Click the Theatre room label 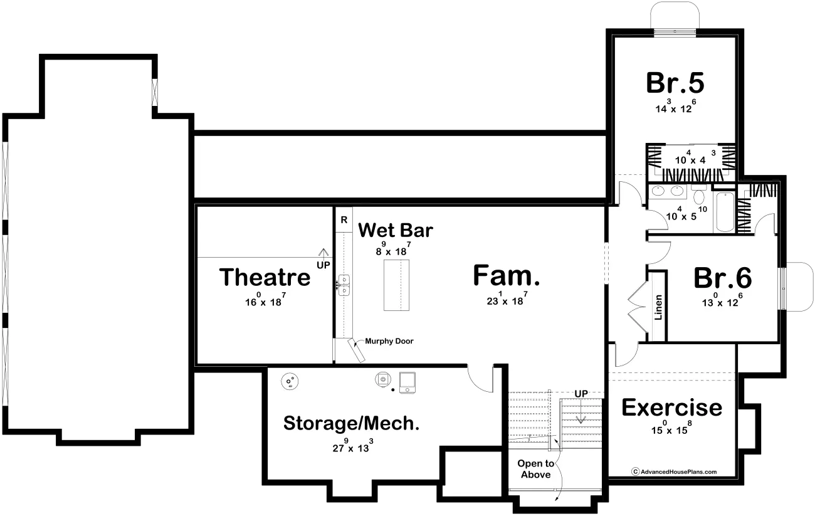coord(265,277)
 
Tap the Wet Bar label coord(396,230)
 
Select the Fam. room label coord(507,275)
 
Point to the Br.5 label coord(675,83)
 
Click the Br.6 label coord(723,278)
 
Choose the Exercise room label coord(671,407)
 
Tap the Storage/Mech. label coord(351,423)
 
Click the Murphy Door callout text coord(389,341)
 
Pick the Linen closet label coord(658,307)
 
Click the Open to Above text coord(535,469)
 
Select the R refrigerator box coord(344,220)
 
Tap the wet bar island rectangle coord(396,285)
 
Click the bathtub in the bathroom coord(725,212)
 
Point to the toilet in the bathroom coord(698,195)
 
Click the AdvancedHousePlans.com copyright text coord(675,471)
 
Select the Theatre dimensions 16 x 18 coord(265,300)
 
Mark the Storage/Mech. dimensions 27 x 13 coord(353,446)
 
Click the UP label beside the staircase coord(581,394)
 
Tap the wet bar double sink coord(344,285)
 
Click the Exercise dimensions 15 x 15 coord(671,428)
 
